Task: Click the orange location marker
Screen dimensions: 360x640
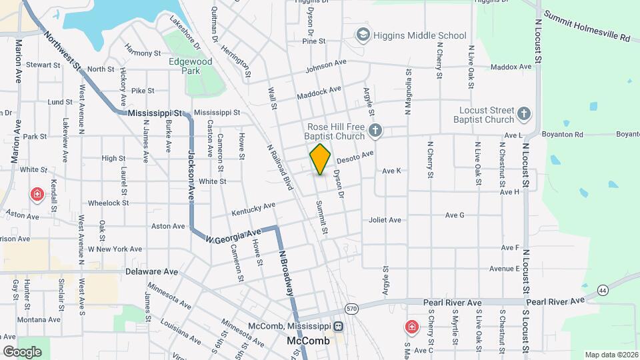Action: pyautogui.click(x=320, y=159)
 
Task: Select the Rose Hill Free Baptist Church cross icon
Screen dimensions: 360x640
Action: pyautogui.click(x=375, y=131)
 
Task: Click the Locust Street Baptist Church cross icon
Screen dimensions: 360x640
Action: pyautogui.click(x=525, y=114)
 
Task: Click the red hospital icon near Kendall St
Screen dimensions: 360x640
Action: pyautogui.click(x=37, y=195)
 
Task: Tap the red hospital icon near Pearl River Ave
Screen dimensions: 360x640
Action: pyautogui.click(x=412, y=327)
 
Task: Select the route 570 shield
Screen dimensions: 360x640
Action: pyautogui.click(x=351, y=308)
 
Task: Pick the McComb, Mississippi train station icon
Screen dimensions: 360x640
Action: pyautogui.click(x=339, y=327)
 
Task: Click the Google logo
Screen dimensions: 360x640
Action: pyautogui.click(x=22, y=351)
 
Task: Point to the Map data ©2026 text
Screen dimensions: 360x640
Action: pyautogui.click(x=611, y=355)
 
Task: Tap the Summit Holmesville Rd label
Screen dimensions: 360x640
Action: pyautogui.click(x=587, y=26)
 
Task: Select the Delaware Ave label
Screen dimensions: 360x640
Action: pyautogui.click(x=152, y=272)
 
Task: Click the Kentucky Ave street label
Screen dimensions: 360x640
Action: pyautogui.click(x=253, y=209)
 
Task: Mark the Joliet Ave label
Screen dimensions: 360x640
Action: pyautogui.click(x=385, y=220)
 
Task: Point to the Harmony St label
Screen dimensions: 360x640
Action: pyautogui.click(x=143, y=53)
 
